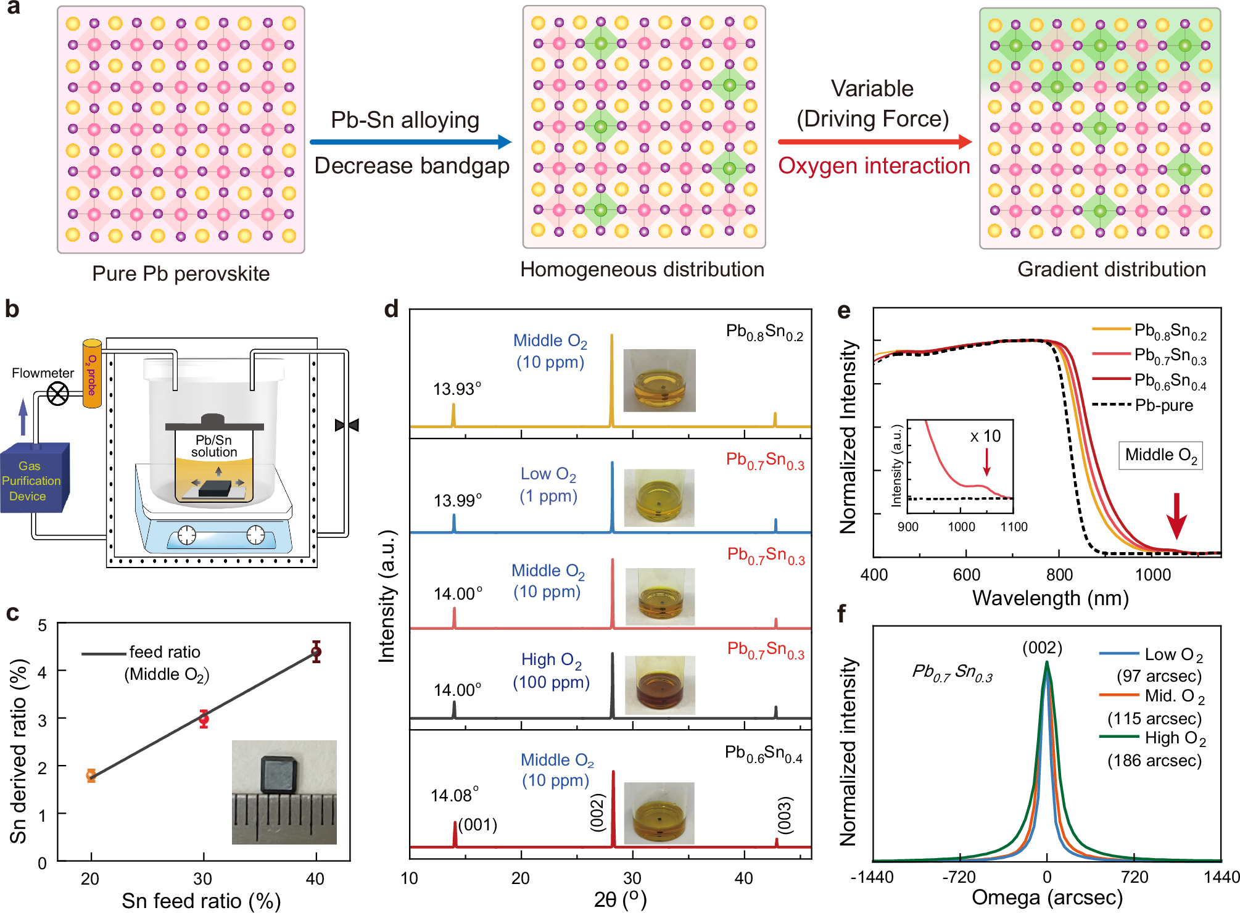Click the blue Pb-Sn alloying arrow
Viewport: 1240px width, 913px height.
coord(410,142)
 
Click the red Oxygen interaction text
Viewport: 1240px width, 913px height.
coord(874,166)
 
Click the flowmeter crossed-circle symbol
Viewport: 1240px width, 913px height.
coord(58,394)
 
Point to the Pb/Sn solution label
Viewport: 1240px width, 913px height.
coord(213,446)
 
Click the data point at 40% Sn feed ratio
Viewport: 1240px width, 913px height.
coord(316,651)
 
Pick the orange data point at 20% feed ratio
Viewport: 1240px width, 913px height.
coord(91,775)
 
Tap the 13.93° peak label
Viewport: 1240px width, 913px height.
coord(457,389)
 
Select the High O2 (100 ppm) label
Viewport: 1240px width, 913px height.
coord(551,671)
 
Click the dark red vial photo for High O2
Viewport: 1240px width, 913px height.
coord(659,685)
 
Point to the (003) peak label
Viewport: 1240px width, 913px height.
coord(784,814)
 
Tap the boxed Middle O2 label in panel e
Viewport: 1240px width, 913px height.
coord(1160,455)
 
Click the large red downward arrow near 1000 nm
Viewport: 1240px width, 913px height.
coord(1176,516)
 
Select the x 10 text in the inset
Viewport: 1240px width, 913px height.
coord(985,436)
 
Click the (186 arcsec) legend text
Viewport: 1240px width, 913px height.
coord(1154,761)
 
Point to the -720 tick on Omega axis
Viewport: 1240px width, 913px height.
coord(959,877)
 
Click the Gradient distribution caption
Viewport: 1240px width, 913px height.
coord(1111,270)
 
